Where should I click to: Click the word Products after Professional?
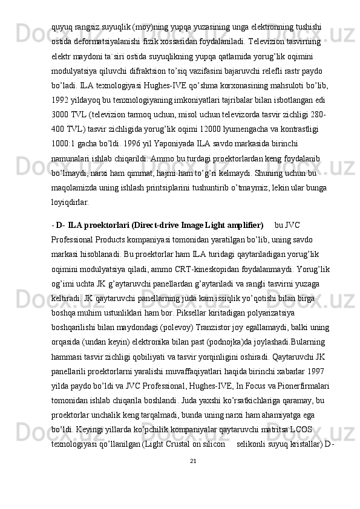(114, 240)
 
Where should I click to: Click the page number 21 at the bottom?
(193, 462)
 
